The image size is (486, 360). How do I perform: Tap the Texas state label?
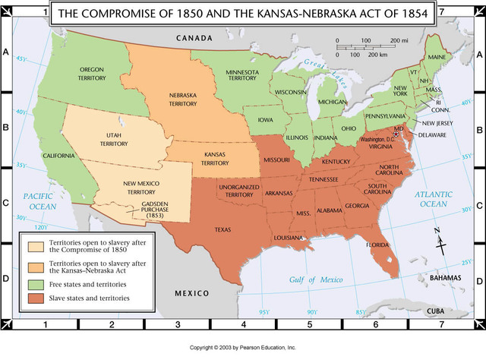pyautogui.click(x=223, y=229)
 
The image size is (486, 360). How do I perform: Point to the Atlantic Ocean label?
pyautogui.click(x=434, y=200)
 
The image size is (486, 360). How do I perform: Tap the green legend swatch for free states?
pyautogui.click(x=33, y=284)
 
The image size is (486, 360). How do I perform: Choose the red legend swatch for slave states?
pyautogui.click(x=33, y=298)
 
